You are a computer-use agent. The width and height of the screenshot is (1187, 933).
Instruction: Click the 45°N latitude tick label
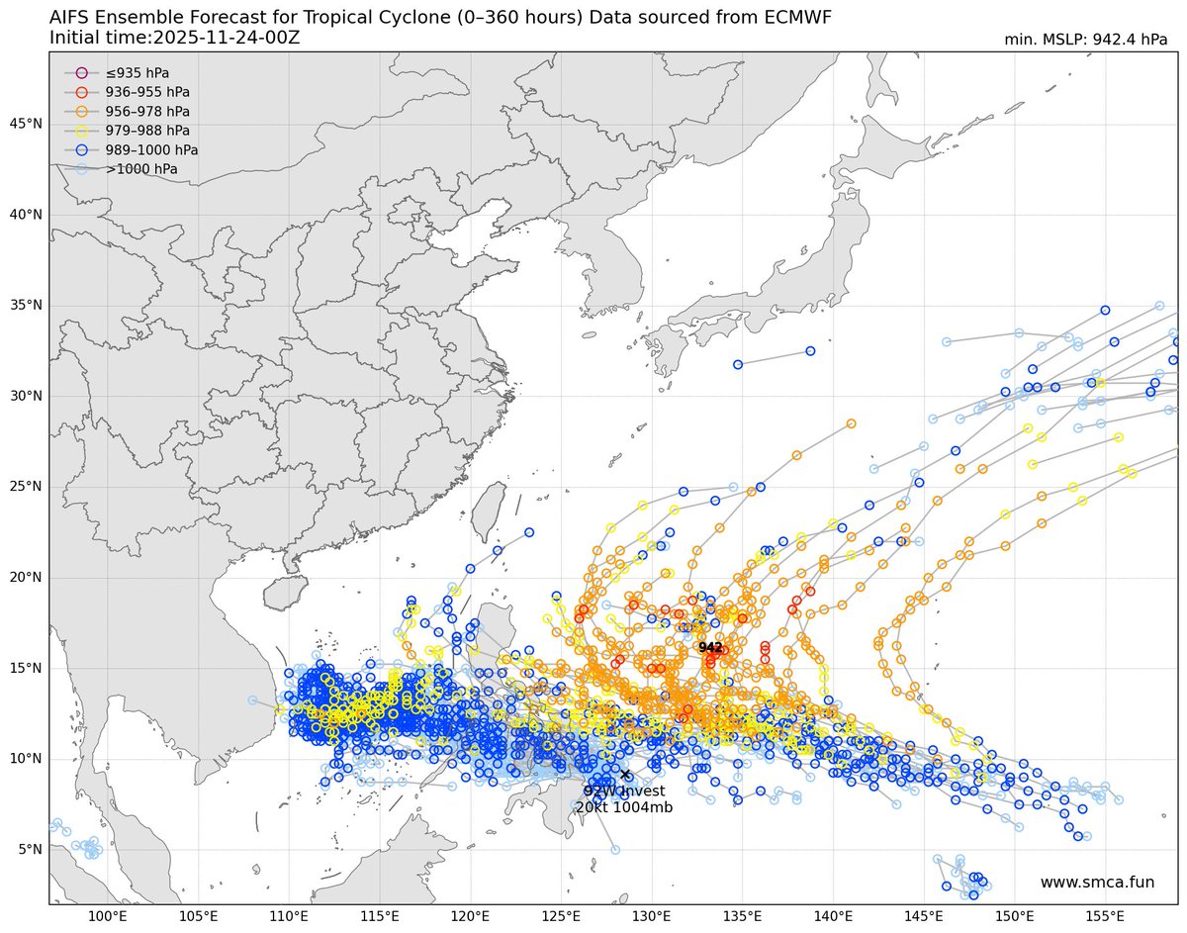26,124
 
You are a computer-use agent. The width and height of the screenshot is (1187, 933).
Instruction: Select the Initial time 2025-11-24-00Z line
174,38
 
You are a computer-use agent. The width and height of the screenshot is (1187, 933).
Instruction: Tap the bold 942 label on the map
710,647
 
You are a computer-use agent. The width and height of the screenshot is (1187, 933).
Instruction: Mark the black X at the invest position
625,774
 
